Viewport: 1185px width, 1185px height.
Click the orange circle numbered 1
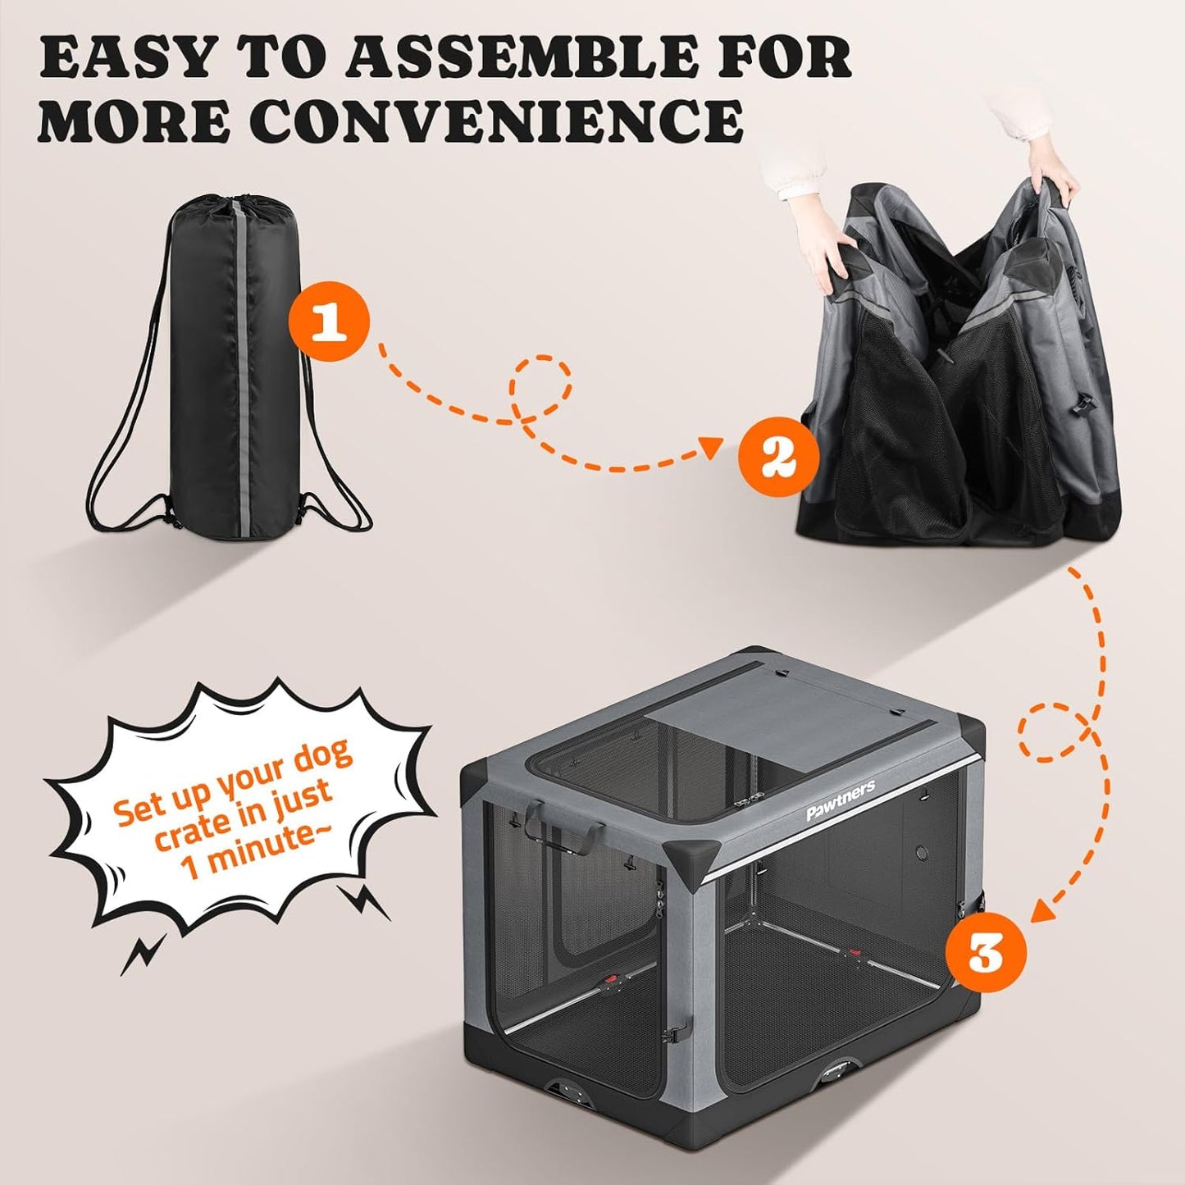click(330, 324)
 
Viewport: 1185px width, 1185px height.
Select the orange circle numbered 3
click(985, 954)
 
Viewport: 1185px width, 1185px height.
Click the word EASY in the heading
click(128, 57)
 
